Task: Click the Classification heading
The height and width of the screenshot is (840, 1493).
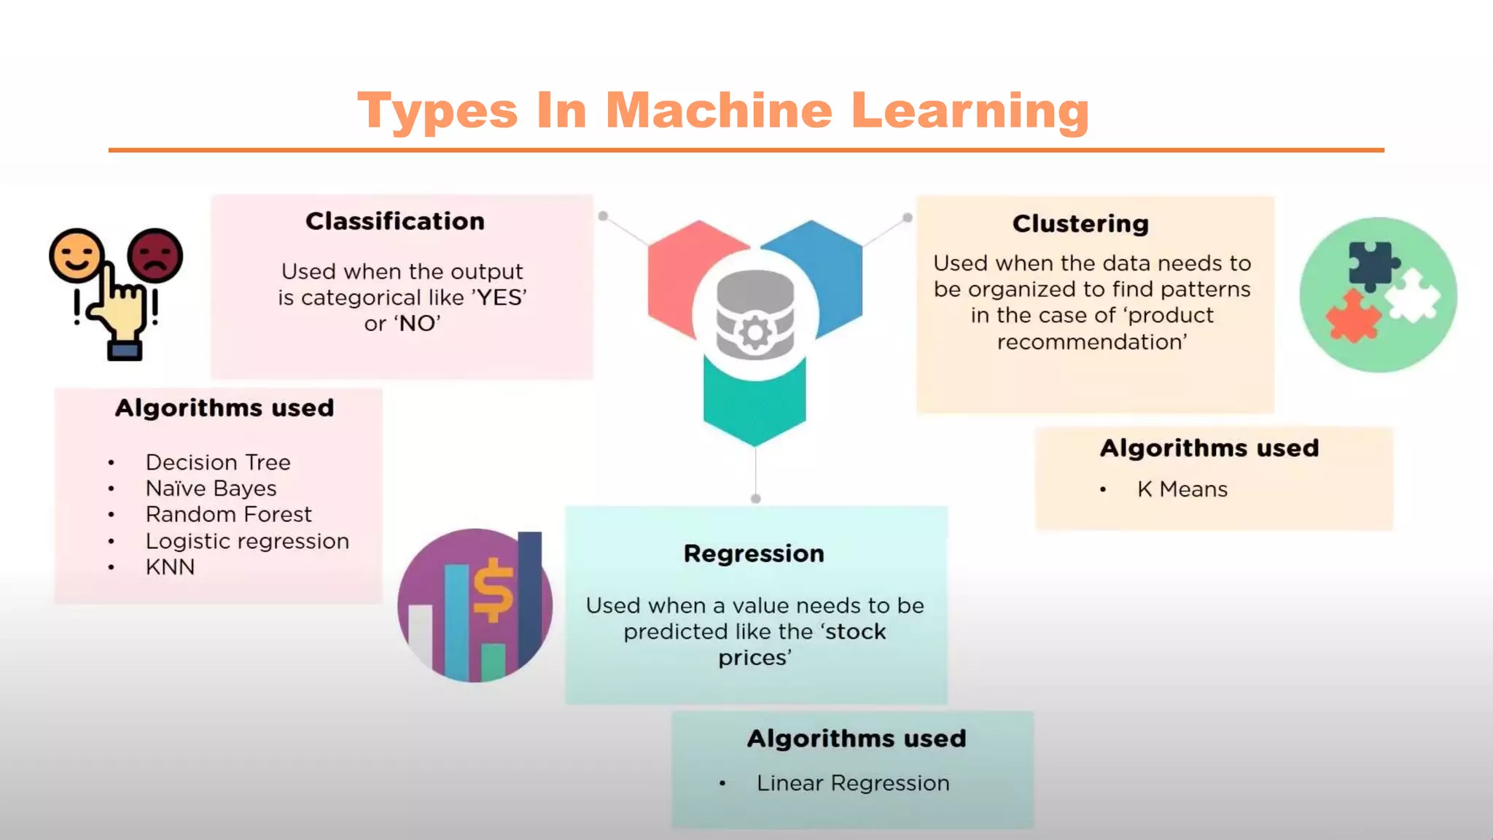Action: [x=394, y=221]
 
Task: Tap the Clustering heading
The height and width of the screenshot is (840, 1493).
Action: [x=1080, y=223]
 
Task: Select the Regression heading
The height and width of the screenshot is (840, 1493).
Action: [x=754, y=553]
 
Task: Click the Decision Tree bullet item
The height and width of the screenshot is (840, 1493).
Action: [x=218, y=462]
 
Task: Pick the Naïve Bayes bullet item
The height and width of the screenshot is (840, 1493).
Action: [x=211, y=489]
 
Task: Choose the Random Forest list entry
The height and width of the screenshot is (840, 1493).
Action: [x=228, y=515]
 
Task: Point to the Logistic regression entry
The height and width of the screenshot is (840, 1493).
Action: [x=247, y=541]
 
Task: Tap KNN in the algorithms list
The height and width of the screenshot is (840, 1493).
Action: [x=170, y=567]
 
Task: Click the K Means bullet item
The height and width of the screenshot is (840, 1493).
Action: [x=1182, y=489]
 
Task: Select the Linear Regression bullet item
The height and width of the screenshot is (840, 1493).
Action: [x=853, y=783]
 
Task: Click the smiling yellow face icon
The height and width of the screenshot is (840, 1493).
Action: [x=76, y=255]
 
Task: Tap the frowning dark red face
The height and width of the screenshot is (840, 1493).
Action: [x=155, y=255]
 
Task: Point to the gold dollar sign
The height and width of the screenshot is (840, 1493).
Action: [x=494, y=590]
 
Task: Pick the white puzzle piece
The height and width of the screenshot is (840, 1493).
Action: [x=1413, y=295]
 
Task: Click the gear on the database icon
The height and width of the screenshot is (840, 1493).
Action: [x=755, y=333]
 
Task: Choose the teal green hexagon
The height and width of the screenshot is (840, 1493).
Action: [x=755, y=408]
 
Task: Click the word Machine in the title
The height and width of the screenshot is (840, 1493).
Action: [x=718, y=111]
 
